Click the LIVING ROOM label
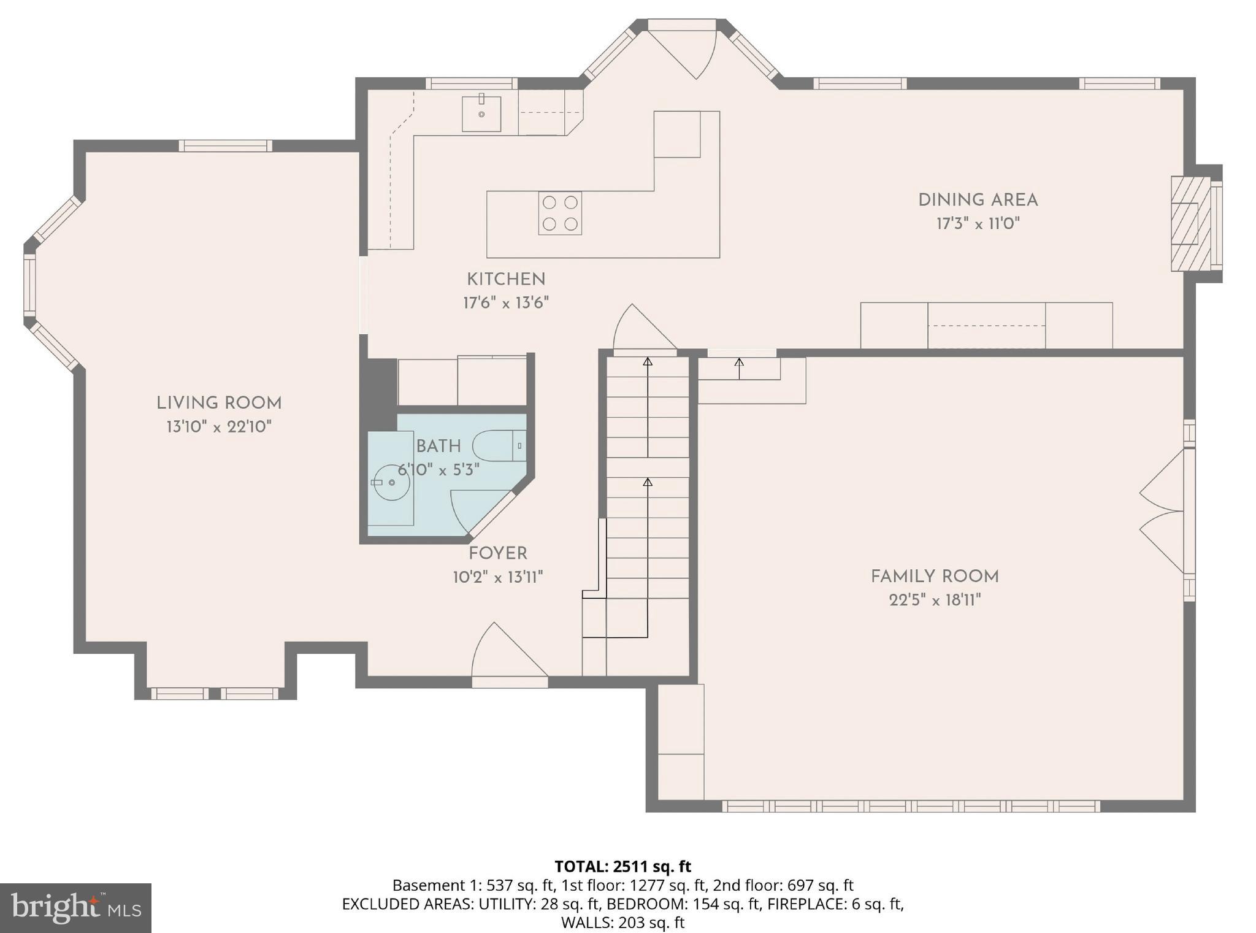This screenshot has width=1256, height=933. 219,404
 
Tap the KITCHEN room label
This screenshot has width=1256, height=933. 506,280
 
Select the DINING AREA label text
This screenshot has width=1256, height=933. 978,200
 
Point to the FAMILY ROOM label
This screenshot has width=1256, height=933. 935,577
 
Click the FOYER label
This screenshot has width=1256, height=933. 498,554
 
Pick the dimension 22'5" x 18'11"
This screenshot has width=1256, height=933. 935,600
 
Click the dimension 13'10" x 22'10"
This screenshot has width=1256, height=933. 219,427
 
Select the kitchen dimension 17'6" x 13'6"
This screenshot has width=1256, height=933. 506,303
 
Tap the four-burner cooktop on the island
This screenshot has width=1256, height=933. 560,213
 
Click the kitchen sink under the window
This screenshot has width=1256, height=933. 481,113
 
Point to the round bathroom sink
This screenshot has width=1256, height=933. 391,482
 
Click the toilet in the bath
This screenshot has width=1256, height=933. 499,446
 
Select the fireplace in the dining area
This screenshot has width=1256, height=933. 1193,224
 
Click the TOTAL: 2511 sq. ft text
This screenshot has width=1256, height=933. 622,866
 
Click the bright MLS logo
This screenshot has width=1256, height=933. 75,908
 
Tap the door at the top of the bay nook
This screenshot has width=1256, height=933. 683,49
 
